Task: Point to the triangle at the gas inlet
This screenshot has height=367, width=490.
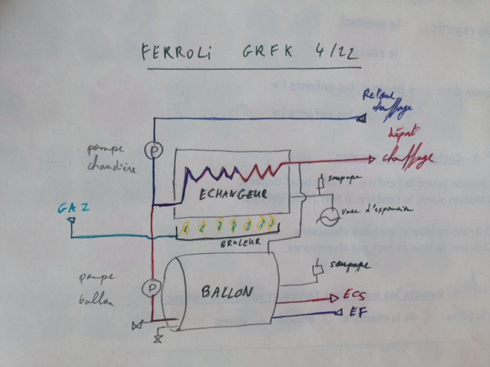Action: [x=70, y=221]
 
